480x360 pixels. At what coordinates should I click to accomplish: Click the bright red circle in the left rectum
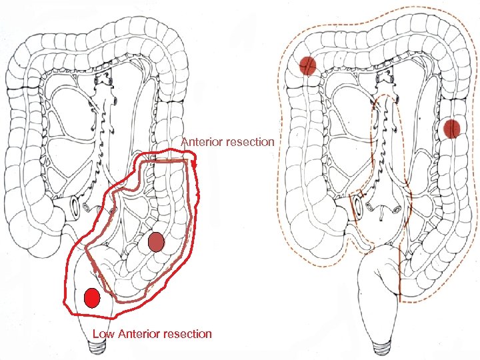[92, 297]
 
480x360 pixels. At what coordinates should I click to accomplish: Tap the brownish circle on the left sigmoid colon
[156, 242]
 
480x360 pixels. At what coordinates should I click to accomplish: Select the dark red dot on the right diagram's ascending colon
[307, 65]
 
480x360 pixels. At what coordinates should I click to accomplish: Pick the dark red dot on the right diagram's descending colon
[453, 128]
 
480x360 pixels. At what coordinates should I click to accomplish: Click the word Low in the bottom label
[103, 333]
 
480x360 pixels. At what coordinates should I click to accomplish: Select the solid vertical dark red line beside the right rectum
[399, 273]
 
